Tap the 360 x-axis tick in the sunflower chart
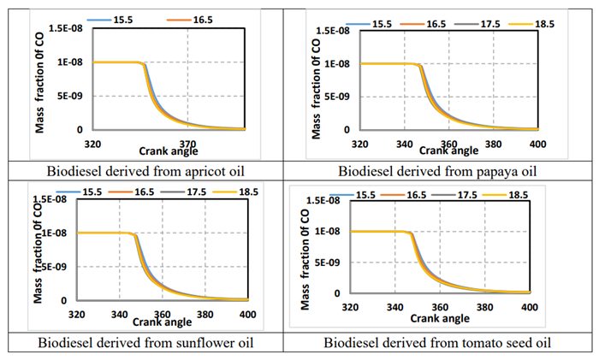click(162, 314)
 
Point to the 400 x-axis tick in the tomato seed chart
click(529, 306)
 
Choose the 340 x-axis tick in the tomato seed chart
click(394, 306)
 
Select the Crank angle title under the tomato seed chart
click(439, 318)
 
